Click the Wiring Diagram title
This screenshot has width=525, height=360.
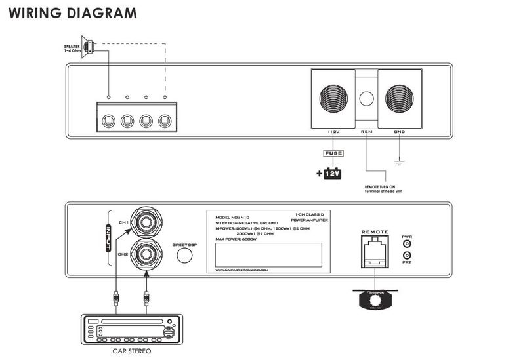coord(73,13)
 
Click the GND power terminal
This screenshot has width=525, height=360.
coord(399,100)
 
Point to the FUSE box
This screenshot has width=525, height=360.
coord(332,154)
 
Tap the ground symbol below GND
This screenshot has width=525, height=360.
coord(399,162)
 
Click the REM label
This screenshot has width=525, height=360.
coord(366,132)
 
